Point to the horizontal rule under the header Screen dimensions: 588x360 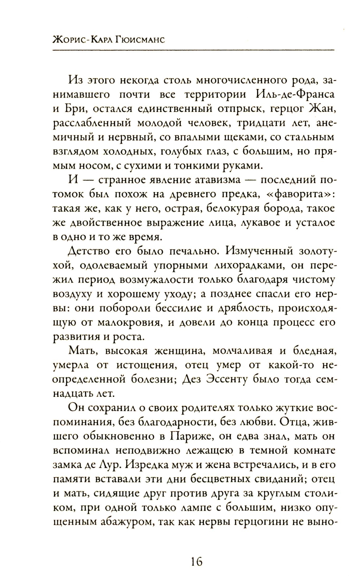coord(193,51)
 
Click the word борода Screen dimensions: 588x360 coord(262,208)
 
